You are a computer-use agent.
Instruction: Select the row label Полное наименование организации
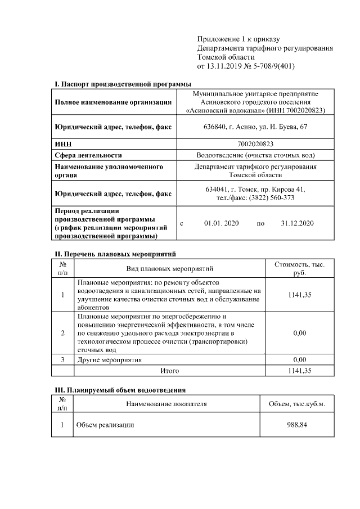[113, 102]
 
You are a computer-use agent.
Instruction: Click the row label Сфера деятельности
[88, 155]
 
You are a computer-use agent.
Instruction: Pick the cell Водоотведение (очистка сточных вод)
[255, 155]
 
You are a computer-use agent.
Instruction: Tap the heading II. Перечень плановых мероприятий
[115, 254]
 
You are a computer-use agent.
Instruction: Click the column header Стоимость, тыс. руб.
[299, 268]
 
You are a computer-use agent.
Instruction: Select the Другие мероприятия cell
[109, 359]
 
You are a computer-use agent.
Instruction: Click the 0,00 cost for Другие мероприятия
[299, 359]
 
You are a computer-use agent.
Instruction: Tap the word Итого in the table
[169, 371]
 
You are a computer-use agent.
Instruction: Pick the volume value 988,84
[296, 425]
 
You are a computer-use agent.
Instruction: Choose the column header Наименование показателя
[166, 404]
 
